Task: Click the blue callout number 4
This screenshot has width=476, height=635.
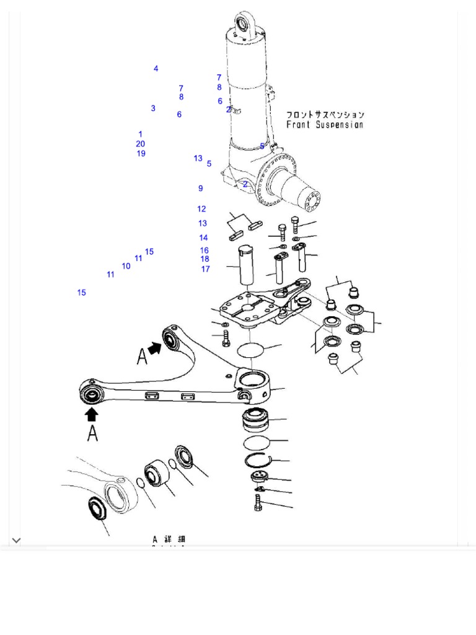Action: (156, 69)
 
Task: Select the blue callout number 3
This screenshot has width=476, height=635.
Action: (153, 109)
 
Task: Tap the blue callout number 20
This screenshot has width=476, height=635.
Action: (141, 144)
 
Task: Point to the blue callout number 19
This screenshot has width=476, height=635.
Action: (141, 154)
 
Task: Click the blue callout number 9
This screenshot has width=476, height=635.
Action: (201, 189)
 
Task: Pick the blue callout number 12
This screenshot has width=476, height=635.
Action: (201, 209)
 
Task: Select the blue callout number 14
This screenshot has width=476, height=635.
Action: (203, 238)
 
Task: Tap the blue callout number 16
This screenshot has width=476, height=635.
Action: (204, 251)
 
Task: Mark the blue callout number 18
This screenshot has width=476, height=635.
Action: (205, 259)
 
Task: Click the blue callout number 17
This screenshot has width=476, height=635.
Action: (205, 269)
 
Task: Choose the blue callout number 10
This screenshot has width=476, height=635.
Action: (126, 267)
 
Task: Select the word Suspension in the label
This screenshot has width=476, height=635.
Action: (340, 125)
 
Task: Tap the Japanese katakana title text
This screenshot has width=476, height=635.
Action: (325, 115)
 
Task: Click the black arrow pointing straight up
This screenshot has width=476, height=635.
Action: (92, 414)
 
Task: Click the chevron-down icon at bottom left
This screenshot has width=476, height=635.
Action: (17, 541)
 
